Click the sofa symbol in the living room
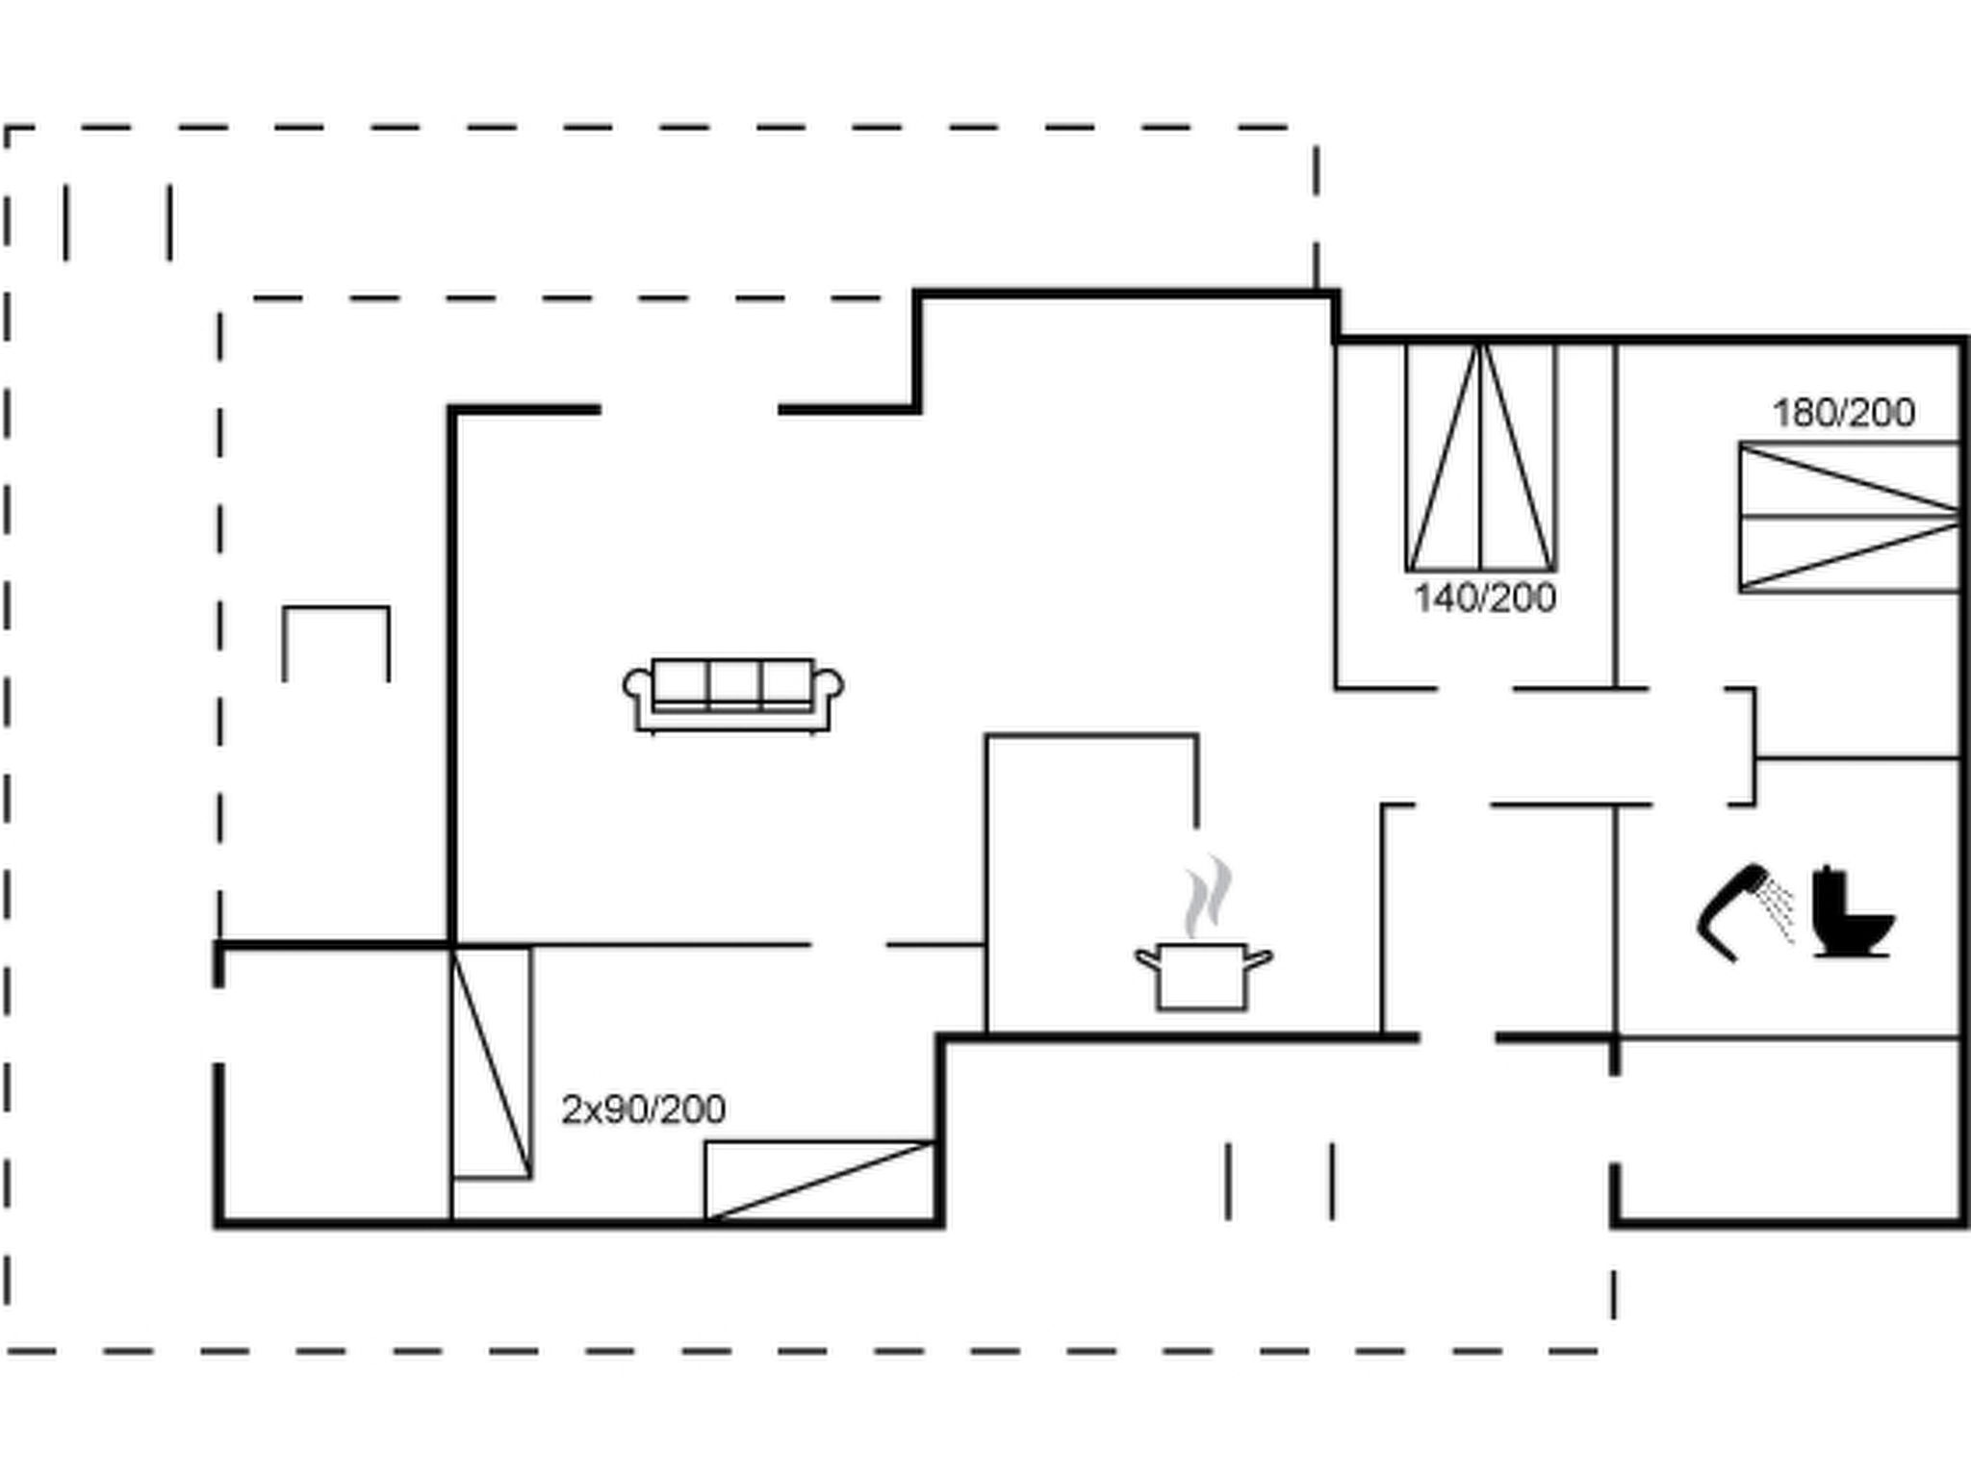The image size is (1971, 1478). pyautogui.click(x=733, y=696)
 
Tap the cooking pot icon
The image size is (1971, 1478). pyautogui.click(x=1203, y=976)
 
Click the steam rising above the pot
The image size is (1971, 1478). pyautogui.click(x=1208, y=896)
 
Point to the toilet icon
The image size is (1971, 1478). pyautogui.click(x=1853, y=912)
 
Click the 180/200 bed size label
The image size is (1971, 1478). pyautogui.click(x=1843, y=413)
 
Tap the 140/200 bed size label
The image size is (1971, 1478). pyautogui.click(x=1484, y=598)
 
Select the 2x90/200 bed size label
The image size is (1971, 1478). pyautogui.click(x=643, y=1109)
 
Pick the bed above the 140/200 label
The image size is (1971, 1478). pyautogui.click(x=1481, y=456)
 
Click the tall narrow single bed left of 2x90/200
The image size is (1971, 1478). pyautogui.click(x=491, y=1062)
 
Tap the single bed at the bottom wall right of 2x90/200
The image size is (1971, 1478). pyautogui.click(x=820, y=1182)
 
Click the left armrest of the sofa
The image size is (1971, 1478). pyautogui.click(x=637, y=685)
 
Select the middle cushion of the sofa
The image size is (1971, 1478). pyautogui.click(x=734, y=683)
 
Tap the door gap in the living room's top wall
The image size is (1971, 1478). pyautogui.click(x=689, y=410)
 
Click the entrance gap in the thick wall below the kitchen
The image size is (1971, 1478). pyautogui.click(x=1457, y=1037)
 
